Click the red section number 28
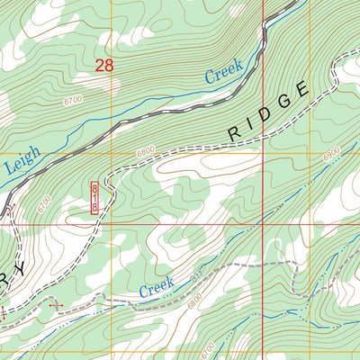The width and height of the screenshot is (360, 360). coord(104,65)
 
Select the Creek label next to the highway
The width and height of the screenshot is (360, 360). coord(224,72)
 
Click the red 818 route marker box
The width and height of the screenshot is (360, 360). coord(94,195)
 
